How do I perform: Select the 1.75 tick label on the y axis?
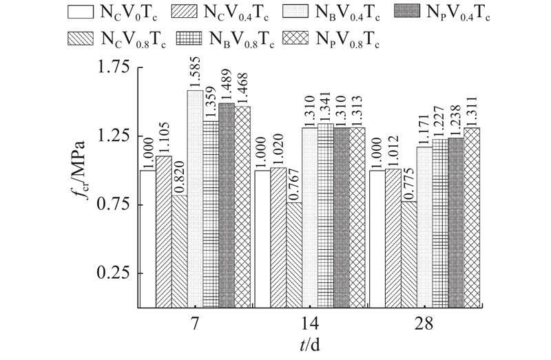pyautogui.click(x=114, y=67)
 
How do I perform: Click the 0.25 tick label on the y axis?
pyautogui.click(x=114, y=273)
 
